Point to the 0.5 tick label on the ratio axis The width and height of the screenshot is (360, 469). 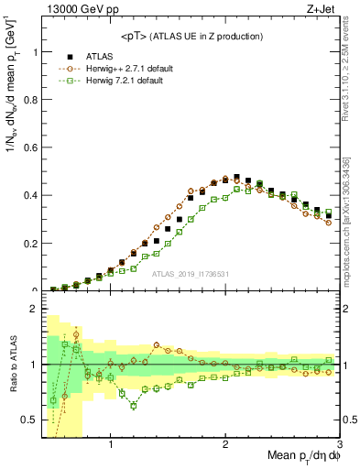28,420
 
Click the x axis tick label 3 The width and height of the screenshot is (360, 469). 339,444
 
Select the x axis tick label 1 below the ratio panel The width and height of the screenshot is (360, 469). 110,444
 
